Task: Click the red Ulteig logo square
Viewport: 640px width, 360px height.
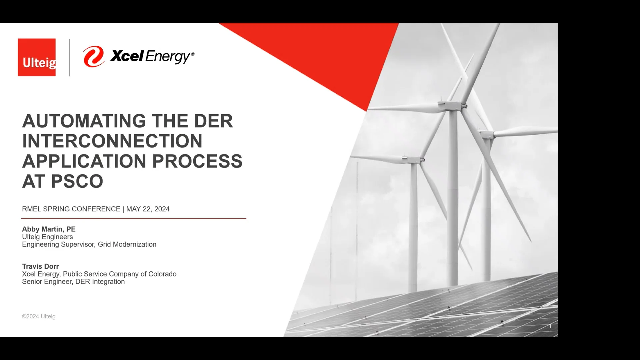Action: [x=37, y=57]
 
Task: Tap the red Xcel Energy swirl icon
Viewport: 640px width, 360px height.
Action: [x=93, y=56]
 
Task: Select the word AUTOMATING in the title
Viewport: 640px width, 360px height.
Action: [x=84, y=121]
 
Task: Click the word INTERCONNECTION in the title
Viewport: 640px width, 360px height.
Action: [x=112, y=141]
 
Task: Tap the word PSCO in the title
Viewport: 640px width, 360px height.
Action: [x=77, y=182]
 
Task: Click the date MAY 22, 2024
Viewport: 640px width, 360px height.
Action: [x=148, y=209]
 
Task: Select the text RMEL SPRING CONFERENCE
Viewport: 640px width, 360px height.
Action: [x=71, y=209]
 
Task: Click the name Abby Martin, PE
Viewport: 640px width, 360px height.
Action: [x=49, y=229]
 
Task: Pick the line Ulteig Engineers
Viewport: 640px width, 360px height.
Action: [x=47, y=237]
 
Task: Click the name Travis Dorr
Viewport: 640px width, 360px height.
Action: [x=40, y=266]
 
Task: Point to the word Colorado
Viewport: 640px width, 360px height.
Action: [x=162, y=274]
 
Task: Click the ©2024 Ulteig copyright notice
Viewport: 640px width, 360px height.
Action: [x=39, y=316]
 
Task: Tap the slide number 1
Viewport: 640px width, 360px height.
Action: [x=550, y=326]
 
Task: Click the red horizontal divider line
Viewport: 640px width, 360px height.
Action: [x=133, y=219]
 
